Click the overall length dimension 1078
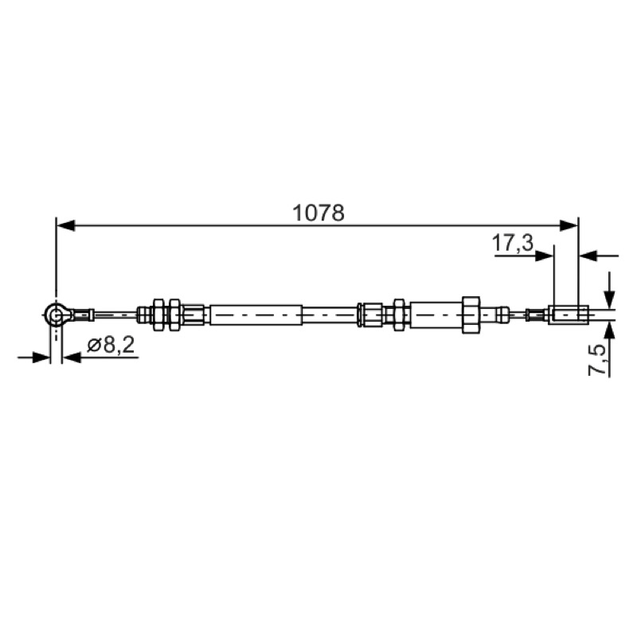coord(318,213)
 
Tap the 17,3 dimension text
coord(512,243)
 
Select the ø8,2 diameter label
coord(111,346)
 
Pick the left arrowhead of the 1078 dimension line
coord(65,226)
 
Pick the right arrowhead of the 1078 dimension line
coord(569,226)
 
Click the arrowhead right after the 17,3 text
coord(545,256)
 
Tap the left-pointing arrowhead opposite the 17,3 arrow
coord(588,256)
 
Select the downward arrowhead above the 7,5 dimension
coord(609,299)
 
